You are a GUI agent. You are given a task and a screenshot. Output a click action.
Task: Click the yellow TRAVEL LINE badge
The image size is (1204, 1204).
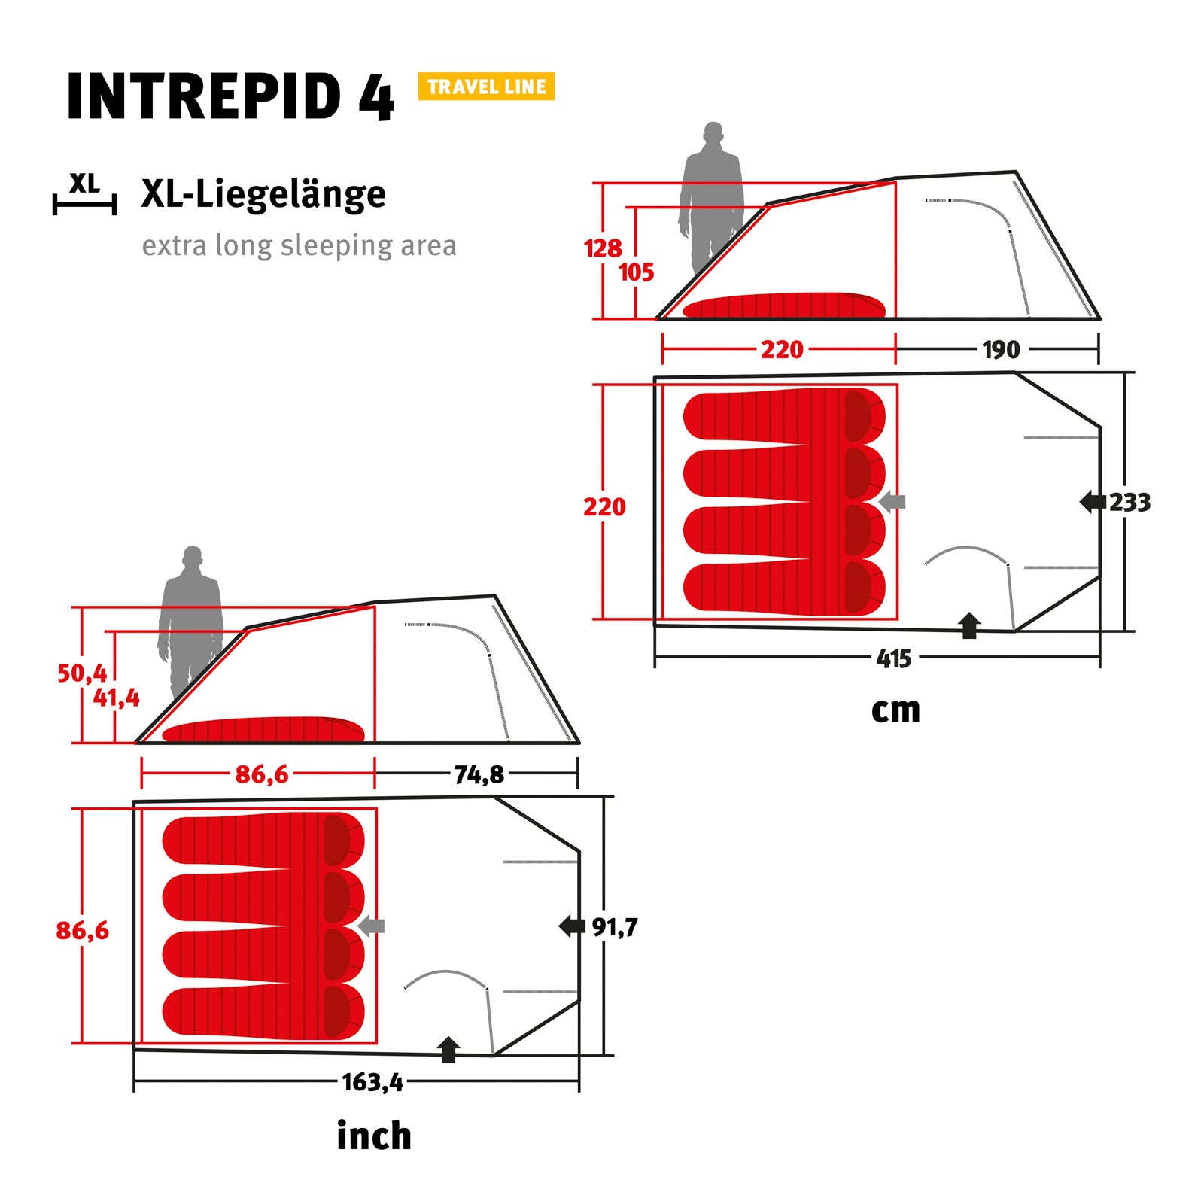pyautogui.click(x=486, y=87)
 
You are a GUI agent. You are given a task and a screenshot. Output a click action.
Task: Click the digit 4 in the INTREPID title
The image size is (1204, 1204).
pyautogui.click(x=375, y=98)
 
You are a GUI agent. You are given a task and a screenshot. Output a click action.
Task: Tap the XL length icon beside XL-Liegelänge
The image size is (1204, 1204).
pyautogui.click(x=84, y=194)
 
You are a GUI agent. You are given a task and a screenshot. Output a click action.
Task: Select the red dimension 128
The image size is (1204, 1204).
pyautogui.click(x=603, y=248)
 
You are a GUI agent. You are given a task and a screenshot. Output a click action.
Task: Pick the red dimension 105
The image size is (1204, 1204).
pyautogui.click(x=637, y=272)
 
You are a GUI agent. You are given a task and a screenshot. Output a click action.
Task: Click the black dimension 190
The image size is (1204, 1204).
pyautogui.click(x=1001, y=350)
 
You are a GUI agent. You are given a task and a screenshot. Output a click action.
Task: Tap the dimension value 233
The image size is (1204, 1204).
pyautogui.click(x=1130, y=502)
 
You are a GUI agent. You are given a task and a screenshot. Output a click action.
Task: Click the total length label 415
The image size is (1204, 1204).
pyautogui.click(x=894, y=659)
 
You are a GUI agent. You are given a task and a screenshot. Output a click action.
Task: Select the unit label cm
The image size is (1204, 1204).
pyautogui.click(x=895, y=710)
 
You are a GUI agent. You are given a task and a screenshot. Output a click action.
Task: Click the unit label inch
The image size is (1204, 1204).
pyautogui.click(x=374, y=1136)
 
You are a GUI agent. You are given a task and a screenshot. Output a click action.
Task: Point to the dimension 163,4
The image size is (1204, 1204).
pyautogui.click(x=372, y=1083)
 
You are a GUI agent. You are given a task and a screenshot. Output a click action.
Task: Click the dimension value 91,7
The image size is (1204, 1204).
pyautogui.click(x=614, y=927)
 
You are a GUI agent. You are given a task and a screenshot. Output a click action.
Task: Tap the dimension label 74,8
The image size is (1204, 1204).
pyautogui.click(x=479, y=774)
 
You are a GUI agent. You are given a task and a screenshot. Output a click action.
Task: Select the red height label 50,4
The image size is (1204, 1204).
pyautogui.click(x=82, y=673)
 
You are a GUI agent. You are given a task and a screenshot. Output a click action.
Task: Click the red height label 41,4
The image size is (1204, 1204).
pyautogui.click(x=116, y=698)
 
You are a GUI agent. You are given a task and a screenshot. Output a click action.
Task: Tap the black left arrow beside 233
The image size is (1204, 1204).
pyautogui.click(x=1092, y=502)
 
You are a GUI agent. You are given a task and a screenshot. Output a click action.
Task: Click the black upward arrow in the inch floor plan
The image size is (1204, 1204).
pyautogui.click(x=448, y=1049)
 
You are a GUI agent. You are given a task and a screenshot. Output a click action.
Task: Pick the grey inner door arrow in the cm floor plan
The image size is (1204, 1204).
pyautogui.click(x=892, y=501)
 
